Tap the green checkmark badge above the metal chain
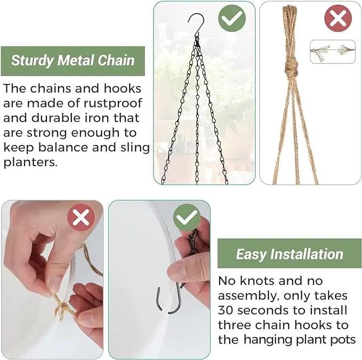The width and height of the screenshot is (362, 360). (232, 18)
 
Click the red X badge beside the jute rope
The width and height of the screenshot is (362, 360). (338, 18)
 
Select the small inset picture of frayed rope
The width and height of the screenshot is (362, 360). (333, 52)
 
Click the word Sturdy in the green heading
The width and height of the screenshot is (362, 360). (32, 61)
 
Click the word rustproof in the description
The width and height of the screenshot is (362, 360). (112, 103)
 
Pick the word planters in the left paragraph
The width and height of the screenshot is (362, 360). (30, 162)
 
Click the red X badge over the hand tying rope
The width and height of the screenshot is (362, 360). (81, 217)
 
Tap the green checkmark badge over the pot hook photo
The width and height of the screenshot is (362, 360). (187, 217)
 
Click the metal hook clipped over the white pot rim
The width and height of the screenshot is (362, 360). (168, 300)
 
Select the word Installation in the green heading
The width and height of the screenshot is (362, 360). (307, 254)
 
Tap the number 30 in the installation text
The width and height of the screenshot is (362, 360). (226, 310)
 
